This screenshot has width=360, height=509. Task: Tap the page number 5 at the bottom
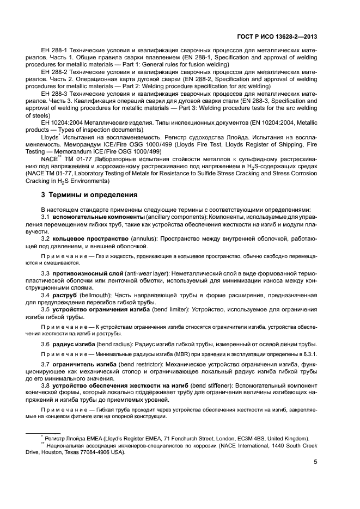point(315,463)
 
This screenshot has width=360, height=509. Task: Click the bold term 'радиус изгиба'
point(74,345)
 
